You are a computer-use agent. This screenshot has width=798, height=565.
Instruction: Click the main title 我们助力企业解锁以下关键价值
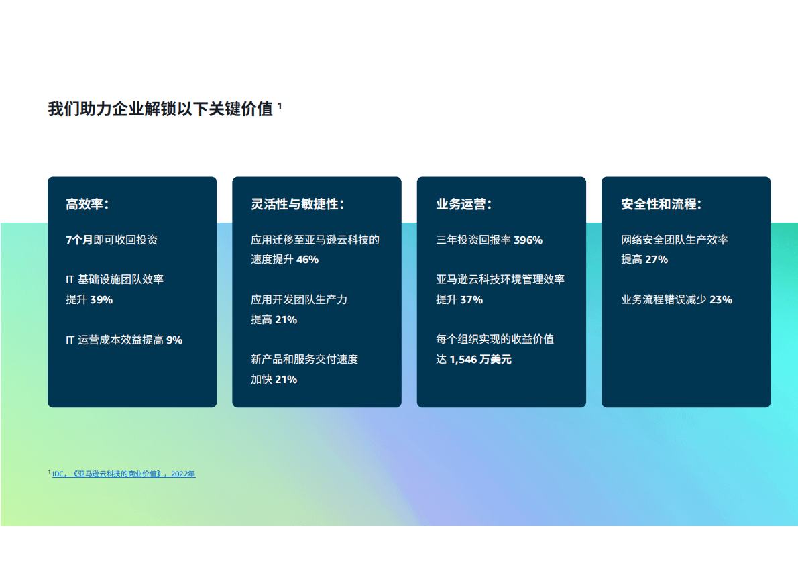(x=160, y=109)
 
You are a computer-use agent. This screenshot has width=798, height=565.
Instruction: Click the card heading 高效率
(x=87, y=205)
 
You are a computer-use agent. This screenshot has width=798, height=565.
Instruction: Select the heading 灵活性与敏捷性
(x=297, y=205)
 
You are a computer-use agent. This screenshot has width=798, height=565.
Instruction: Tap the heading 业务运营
(x=463, y=205)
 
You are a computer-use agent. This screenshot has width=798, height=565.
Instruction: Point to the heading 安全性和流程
(x=661, y=205)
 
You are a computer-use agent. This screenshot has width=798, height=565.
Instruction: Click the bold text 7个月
(x=79, y=240)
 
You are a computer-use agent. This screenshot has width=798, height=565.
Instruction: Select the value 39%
(x=101, y=300)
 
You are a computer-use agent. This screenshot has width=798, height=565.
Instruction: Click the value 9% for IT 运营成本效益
(x=174, y=340)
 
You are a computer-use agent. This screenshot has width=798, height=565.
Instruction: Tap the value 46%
(x=307, y=260)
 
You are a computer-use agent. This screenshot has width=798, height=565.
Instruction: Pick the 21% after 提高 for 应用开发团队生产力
(x=286, y=320)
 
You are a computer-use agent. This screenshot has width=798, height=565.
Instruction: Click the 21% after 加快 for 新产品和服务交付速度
(x=286, y=380)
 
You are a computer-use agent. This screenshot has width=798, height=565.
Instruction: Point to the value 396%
(x=528, y=240)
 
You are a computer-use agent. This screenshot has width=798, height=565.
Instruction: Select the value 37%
(x=471, y=300)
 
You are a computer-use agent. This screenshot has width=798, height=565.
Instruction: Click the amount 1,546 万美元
(x=480, y=360)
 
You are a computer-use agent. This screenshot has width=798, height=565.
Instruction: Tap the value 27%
(x=657, y=260)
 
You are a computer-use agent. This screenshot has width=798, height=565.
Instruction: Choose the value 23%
(x=720, y=300)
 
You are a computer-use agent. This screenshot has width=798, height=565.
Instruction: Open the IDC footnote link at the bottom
(x=124, y=474)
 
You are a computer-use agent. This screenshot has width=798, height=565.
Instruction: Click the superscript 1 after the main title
(x=280, y=105)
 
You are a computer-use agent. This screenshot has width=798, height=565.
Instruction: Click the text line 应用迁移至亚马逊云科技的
(x=315, y=240)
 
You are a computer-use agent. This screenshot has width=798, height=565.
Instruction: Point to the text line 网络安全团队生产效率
(x=675, y=240)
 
